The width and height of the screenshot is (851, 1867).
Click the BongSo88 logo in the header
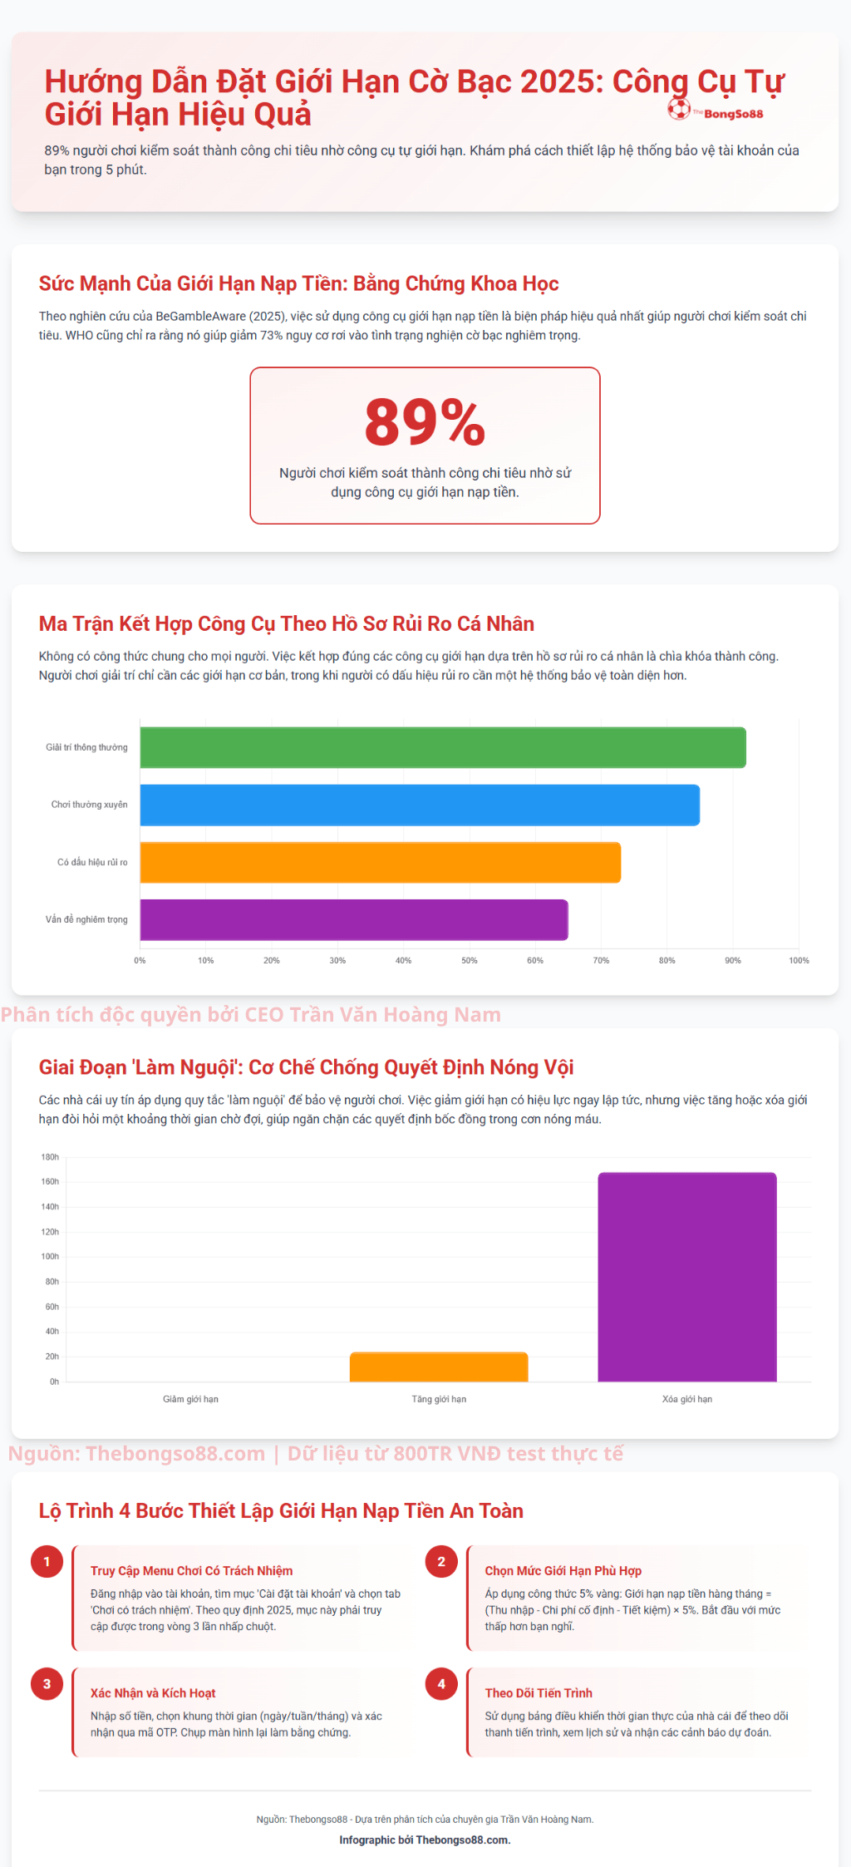pos(716,111)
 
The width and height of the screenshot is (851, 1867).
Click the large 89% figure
pos(425,421)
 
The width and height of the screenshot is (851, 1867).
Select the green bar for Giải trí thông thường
pos(442,747)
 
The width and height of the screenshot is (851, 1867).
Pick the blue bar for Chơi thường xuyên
pos(420,805)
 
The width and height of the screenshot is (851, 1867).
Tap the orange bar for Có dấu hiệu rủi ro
pos(380,862)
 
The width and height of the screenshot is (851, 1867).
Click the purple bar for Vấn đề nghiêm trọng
pos(353,919)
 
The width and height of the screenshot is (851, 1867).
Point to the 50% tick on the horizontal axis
pos(470,960)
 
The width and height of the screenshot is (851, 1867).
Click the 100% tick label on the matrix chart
pos(799,960)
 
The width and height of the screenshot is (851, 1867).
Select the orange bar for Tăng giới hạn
pos(439,1367)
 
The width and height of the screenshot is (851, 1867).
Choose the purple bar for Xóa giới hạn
pos(687,1277)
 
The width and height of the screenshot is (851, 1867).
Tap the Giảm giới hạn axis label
pos(190,1399)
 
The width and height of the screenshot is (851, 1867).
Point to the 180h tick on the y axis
pos(50,1157)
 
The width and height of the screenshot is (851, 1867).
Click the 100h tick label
pos(50,1257)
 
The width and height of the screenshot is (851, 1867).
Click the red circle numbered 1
pos(47,1562)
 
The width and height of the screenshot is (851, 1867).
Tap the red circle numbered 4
pos(441,1684)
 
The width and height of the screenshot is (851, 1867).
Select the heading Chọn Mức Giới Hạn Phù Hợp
pos(563,1571)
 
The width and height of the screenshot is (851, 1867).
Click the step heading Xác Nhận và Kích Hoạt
pos(153,1693)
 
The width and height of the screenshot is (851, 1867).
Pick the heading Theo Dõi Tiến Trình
pos(539,1693)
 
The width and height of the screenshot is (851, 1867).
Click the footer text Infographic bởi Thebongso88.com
pos(425,1840)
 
